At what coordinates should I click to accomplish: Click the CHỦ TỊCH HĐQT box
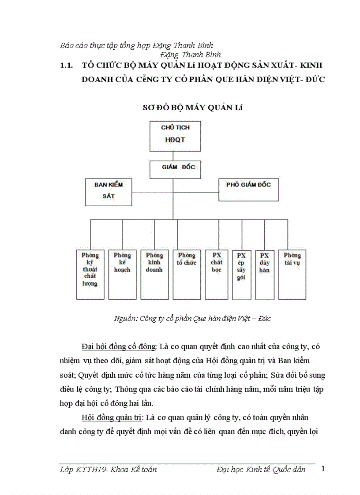[176, 136]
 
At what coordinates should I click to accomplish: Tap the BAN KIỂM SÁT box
[108, 191]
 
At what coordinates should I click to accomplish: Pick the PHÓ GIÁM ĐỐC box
[248, 189]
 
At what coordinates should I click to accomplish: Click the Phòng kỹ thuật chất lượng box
[90, 274]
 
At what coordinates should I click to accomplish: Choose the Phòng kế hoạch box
[122, 274]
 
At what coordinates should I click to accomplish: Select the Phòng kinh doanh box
[154, 274]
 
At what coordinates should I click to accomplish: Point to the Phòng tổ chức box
[187, 274]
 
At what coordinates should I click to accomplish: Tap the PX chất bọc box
[216, 274]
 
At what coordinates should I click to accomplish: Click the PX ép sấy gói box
[241, 274]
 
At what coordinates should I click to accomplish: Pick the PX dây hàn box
[265, 274]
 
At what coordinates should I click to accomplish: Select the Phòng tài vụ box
[292, 274]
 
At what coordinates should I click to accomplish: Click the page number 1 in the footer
[323, 469]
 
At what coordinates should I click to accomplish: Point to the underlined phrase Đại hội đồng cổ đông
[118, 346]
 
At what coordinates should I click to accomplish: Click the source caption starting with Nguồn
[192, 318]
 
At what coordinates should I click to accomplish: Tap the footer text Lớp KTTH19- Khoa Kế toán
[108, 469]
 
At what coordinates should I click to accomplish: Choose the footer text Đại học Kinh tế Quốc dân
[261, 469]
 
